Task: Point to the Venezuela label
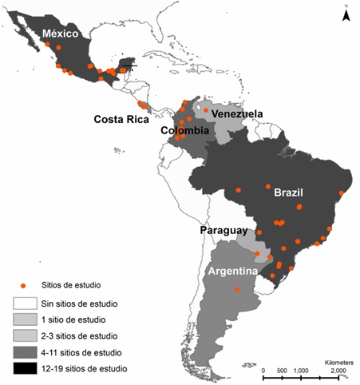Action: pos(237,113)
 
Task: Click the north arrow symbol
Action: pos(345,14)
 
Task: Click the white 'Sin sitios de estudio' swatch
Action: pos(24,304)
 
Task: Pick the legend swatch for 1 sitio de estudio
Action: pos(24,320)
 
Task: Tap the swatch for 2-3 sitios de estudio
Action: pos(24,336)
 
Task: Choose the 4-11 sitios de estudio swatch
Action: pos(24,352)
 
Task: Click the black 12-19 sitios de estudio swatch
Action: pos(24,368)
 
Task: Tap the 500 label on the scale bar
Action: pos(281,371)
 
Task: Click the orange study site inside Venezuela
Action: pos(206,110)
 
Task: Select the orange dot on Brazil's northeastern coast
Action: pos(342,192)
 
